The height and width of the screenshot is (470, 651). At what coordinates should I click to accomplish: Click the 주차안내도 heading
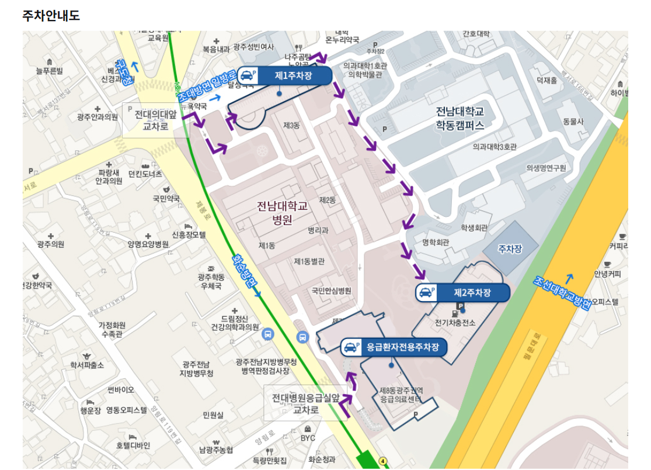coord(51,16)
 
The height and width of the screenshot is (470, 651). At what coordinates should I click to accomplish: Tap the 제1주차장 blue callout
coord(284,75)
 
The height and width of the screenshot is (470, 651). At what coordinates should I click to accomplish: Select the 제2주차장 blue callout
coord(463,292)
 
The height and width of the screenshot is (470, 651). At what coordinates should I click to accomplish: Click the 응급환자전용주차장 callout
coord(394,347)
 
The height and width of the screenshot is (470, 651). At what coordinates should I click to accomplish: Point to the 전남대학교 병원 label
coord(281,213)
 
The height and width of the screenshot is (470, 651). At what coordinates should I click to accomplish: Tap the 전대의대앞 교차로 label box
coord(155,120)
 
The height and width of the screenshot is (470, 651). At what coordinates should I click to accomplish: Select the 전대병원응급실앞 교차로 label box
coord(305,403)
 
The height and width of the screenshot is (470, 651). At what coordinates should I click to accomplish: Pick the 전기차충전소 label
coord(455,323)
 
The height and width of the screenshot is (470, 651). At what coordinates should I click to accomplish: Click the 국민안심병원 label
coord(331,291)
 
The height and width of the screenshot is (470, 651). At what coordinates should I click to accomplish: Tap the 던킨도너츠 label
coord(145,174)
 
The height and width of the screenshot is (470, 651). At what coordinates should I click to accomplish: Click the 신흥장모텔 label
coord(189,234)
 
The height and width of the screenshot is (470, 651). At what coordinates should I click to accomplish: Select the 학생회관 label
coord(474,228)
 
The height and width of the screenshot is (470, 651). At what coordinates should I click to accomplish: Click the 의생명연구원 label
coord(546,168)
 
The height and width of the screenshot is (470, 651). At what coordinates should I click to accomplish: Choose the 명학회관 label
coord(436,242)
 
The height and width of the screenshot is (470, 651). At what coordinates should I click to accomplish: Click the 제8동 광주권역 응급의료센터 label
coord(401,395)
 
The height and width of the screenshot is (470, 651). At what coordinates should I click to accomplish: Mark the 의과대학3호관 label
coord(495,147)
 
